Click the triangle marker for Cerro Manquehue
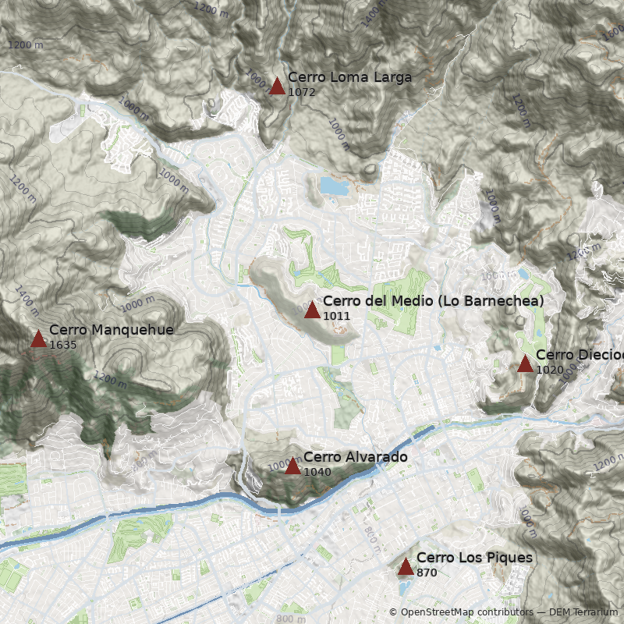[x=38, y=339]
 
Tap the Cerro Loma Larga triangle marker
[x=277, y=86]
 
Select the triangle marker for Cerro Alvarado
[x=292, y=466]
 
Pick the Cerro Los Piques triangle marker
[x=406, y=567]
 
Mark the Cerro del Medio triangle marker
[x=312, y=310]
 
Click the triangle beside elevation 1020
[x=525, y=364]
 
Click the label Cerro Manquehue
[x=111, y=330]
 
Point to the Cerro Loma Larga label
[x=349, y=77]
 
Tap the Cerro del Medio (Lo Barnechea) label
[x=433, y=301]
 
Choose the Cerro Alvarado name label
[x=355, y=456]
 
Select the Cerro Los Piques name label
[x=474, y=558]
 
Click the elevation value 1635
[x=62, y=345]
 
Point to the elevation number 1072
[x=301, y=92]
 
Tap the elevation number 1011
[x=336, y=316]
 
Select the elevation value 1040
[x=317, y=472]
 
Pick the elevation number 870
[x=427, y=573]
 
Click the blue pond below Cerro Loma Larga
[x=334, y=186]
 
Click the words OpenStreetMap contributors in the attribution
[x=466, y=612]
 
